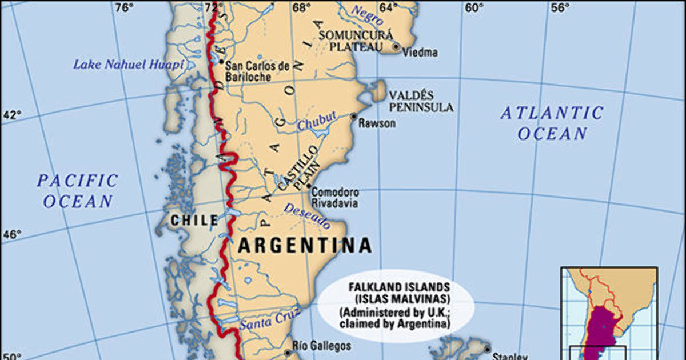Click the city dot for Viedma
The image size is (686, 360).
point(396,46)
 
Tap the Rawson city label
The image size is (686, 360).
point(377,123)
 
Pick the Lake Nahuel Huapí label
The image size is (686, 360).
point(129,65)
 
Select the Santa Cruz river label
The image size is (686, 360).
point(270,322)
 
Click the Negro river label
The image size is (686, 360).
point(366,15)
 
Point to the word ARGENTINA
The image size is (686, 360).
point(304,246)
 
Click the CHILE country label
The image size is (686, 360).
point(194,220)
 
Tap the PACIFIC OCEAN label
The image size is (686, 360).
point(78,191)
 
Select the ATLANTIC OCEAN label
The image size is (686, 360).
point(552,123)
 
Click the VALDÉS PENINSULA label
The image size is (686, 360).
point(421,101)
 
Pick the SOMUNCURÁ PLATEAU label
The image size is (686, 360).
point(349,41)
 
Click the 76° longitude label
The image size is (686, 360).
point(124,7)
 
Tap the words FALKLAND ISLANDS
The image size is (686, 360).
point(400,287)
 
